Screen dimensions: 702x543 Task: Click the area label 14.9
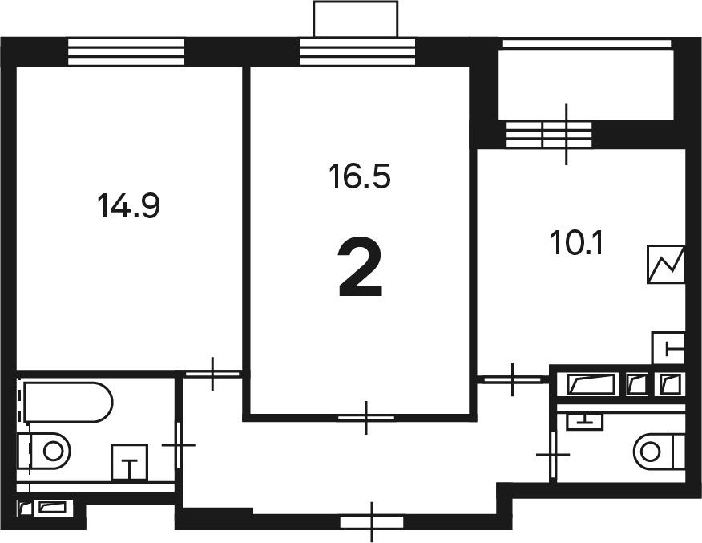point(128,206)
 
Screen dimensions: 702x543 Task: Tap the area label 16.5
point(360,176)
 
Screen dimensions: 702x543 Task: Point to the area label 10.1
point(577,244)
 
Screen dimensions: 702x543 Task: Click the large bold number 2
point(361,267)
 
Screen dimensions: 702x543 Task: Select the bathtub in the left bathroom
point(67,402)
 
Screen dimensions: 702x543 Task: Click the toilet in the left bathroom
point(45,451)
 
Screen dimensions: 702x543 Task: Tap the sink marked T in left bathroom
point(129,462)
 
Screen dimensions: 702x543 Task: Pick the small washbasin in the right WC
point(584,422)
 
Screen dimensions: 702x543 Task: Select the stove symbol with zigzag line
point(666,264)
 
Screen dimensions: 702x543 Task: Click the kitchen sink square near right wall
point(668,348)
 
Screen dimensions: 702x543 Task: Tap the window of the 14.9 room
point(126,52)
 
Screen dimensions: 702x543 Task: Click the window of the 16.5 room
point(357,52)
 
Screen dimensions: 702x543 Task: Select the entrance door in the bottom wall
point(372,522)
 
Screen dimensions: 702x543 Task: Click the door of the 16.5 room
point(366,418)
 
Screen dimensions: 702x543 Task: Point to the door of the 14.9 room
point(212,374)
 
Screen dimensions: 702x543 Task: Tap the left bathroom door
point(179,445)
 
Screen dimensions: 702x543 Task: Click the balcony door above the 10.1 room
point(567,134)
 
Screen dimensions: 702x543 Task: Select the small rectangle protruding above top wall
point(356,18)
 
